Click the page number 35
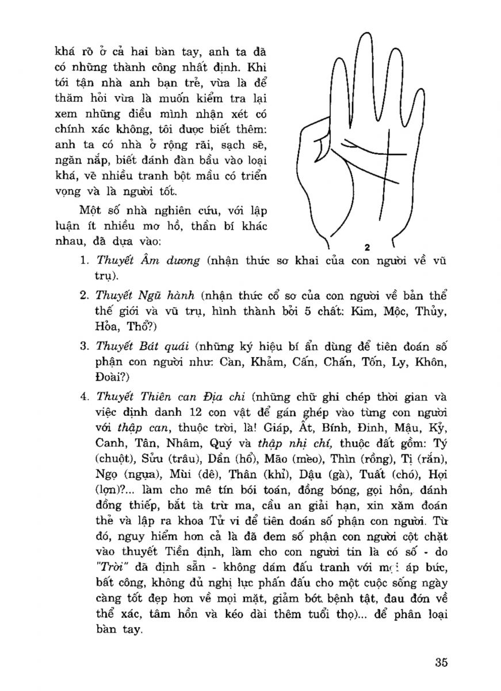pos(441,661)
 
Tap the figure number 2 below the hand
pos(366,248)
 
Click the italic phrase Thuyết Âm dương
pos(147,260)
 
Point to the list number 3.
pos(84,347)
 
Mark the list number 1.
pos(84,261)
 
